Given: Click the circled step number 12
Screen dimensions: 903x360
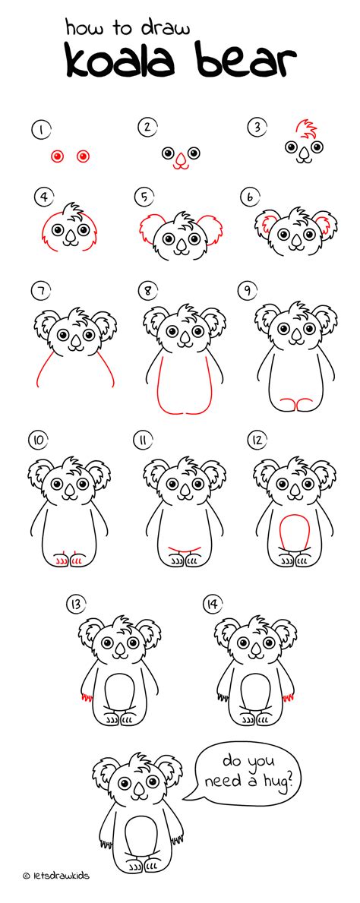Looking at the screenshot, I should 258,439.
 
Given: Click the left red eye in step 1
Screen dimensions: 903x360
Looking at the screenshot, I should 56,156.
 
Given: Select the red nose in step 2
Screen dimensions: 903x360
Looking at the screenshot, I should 180,160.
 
